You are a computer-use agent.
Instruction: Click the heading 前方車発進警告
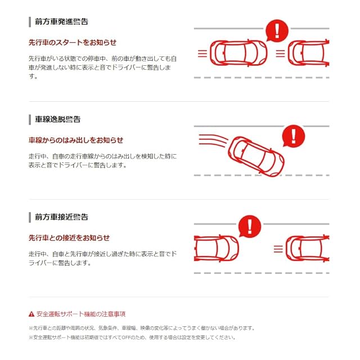click(61, 21)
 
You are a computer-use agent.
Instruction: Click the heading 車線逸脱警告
click(57, 119)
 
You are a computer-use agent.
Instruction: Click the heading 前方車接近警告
click(61, 217)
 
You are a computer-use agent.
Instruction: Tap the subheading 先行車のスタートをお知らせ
click(73, 43)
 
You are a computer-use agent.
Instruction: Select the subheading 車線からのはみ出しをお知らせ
click(76, 140)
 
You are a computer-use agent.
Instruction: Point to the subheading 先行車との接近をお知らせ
click(69, 238)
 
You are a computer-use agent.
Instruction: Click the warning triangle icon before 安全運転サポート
click(31, 314)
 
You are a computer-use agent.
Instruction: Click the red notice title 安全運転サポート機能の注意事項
click(81, 314)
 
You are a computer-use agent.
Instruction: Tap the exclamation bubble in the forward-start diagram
click(277, 30)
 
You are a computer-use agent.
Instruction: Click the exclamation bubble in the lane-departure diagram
click(293, 136)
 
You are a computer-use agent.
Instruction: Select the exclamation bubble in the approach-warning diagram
click(250, 226)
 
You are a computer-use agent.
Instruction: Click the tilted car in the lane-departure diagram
click(256, 156)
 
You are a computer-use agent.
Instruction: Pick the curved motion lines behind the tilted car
click(213, 140)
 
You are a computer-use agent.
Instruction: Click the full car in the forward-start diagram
click(238, 53)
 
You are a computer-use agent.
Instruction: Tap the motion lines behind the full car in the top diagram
click(202, 53)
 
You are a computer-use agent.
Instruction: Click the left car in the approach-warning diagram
click(217, 249)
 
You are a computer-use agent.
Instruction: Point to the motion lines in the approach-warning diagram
click(278, 249)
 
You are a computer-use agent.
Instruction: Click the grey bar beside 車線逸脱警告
click(30, 120)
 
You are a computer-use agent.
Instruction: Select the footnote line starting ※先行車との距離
click(142, 328)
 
